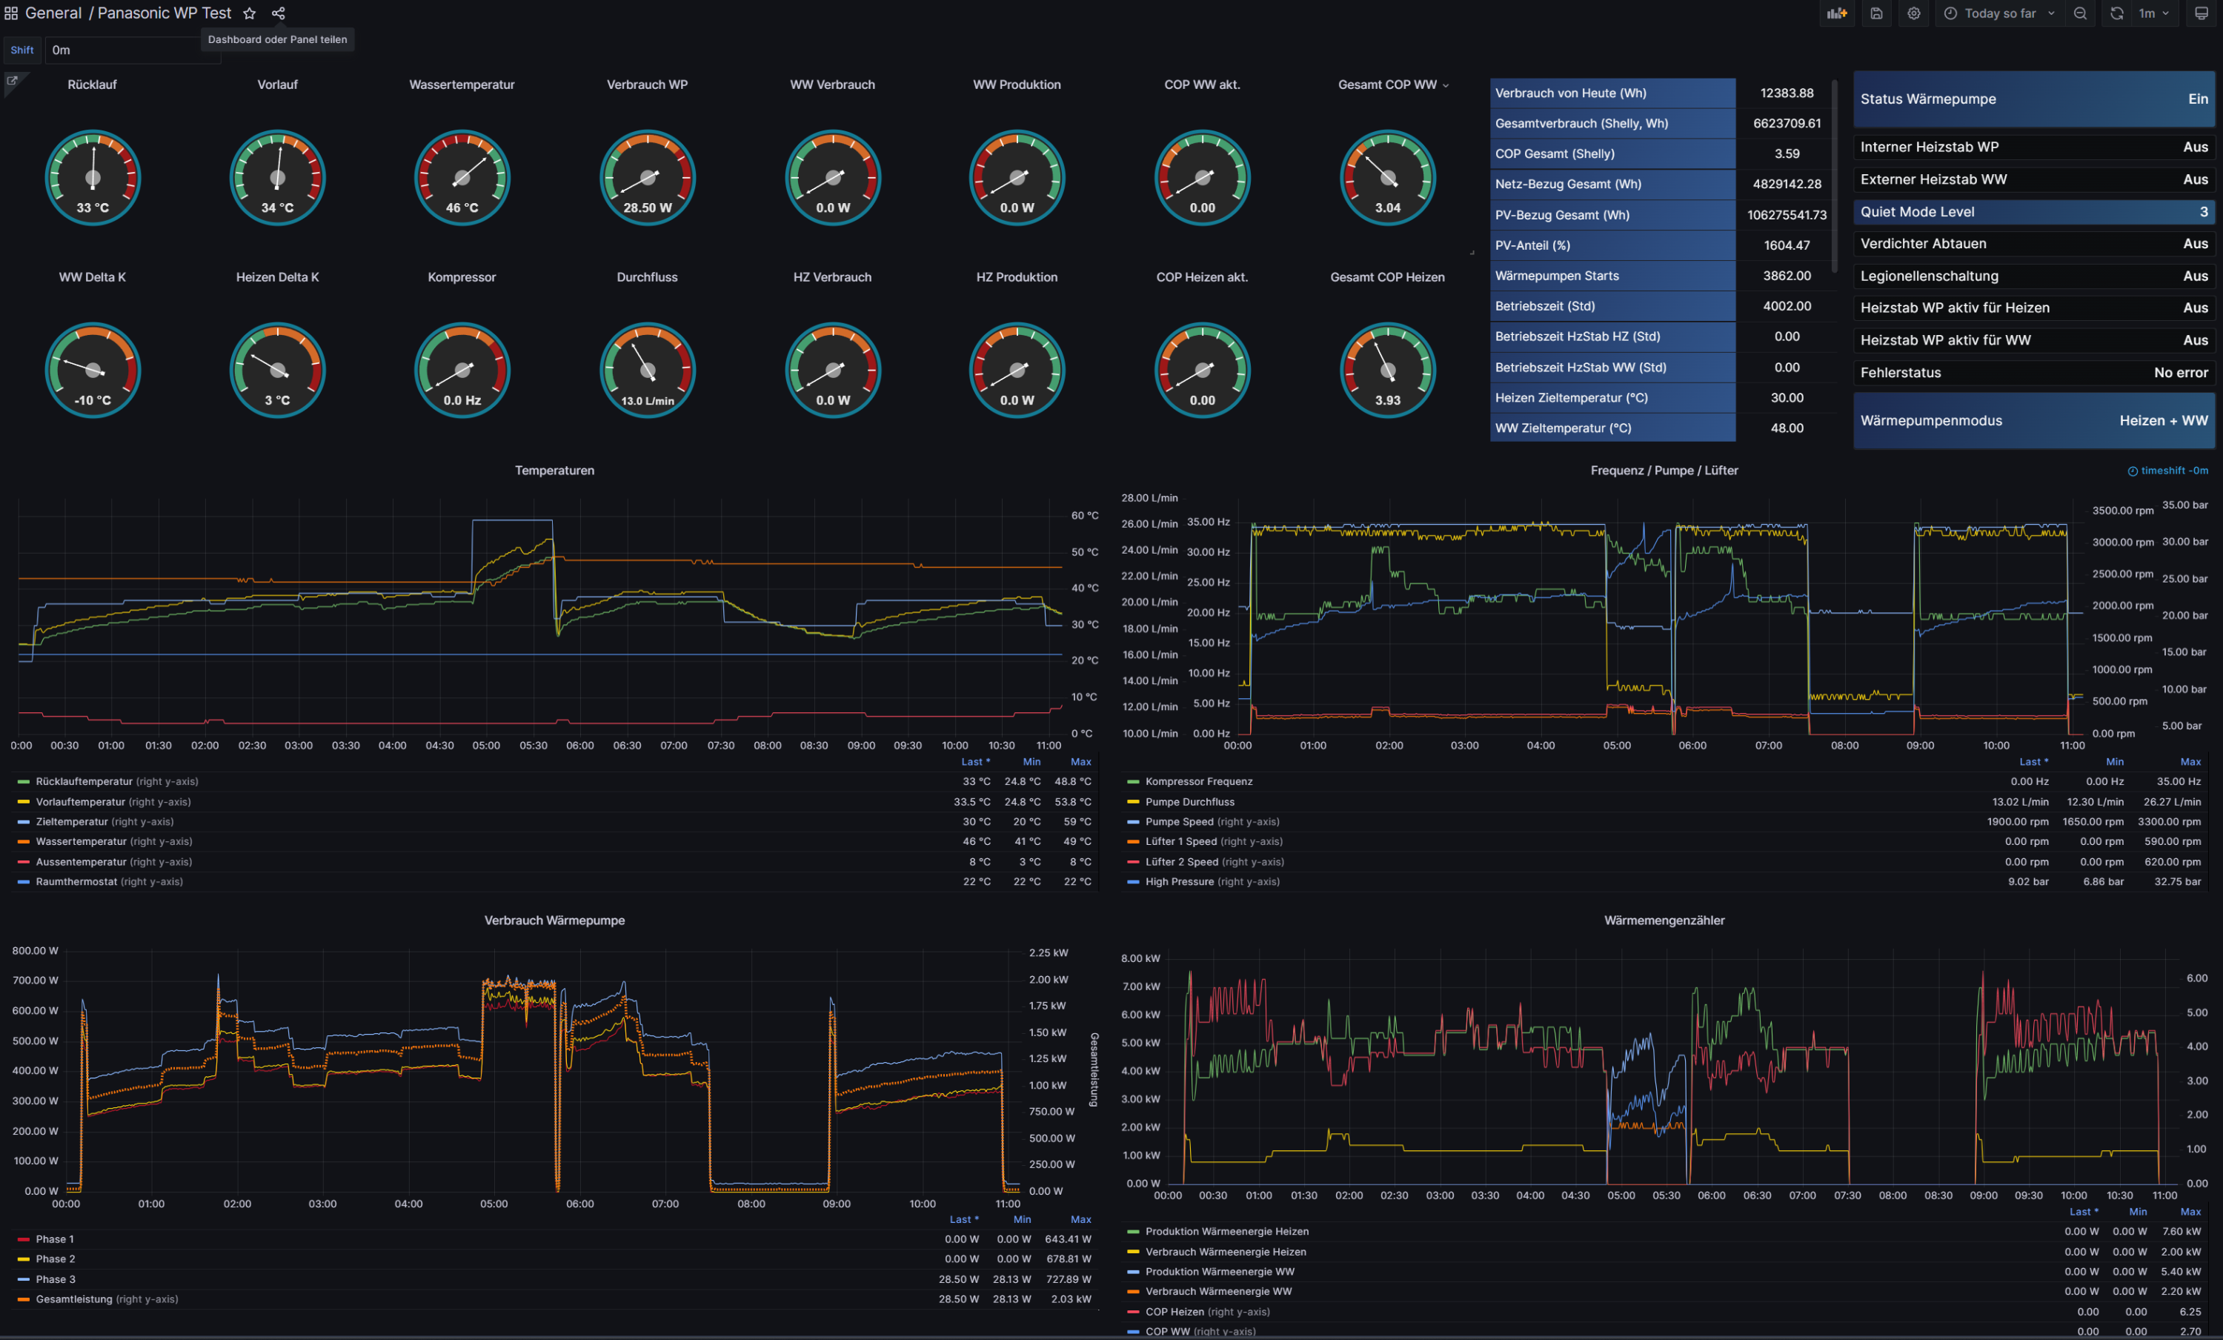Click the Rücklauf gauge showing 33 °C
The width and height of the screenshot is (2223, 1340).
point(92,178)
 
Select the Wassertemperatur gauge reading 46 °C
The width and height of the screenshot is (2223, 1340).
point(462,178)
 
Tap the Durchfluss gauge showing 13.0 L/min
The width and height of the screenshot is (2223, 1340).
point(647,370)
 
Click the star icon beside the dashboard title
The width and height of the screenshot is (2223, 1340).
point(250,13)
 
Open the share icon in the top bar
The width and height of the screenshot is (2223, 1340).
point(279,13)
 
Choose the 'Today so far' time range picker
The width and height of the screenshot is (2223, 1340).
point(1999,13)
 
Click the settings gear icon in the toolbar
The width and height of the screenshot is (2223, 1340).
point(1913,13)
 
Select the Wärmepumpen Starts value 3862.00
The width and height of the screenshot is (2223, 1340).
point(1787,275)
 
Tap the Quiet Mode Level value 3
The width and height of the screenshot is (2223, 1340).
point(2203,212)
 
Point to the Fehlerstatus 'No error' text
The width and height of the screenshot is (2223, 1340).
point(2181,373)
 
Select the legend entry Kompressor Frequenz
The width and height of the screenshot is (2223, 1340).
point(1198,781)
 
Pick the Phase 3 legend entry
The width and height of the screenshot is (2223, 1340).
point(55,1279)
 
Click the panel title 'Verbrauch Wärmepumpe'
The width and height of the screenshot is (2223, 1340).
point(554,921)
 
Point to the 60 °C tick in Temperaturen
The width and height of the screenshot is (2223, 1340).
point(1084,516)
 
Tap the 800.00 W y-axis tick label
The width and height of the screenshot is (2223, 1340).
point(35,951)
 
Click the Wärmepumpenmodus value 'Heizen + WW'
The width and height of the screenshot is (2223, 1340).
point(2162,420)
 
